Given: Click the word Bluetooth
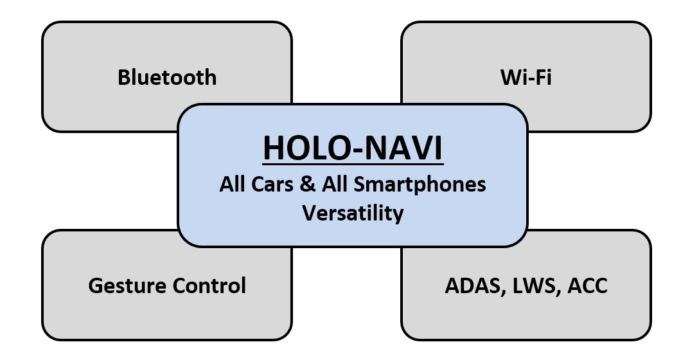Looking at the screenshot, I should click(x=167, y=77).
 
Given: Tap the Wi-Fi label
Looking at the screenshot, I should click(x=526, y=77).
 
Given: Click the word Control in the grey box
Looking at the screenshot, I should click(x=208, y=285).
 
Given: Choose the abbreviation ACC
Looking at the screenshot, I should click(x=586, y=285).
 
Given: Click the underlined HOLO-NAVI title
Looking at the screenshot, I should click(x=353, y=148).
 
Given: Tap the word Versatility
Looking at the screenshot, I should click(x=353, y=212).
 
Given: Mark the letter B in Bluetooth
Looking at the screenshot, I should click(x=124, y=77).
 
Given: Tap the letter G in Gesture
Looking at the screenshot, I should click(x=96, y=285).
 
